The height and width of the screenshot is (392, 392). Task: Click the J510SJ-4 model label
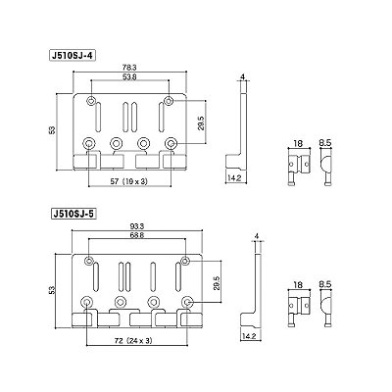72,56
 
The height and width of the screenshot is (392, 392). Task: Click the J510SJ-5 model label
73,214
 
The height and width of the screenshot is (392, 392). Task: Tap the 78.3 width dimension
129,68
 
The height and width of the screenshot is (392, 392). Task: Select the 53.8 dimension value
130,77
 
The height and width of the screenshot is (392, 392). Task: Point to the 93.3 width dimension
137,226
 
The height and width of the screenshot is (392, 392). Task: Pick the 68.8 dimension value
137,235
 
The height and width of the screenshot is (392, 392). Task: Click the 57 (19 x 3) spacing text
128,182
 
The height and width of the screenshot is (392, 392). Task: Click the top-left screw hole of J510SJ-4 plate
91,101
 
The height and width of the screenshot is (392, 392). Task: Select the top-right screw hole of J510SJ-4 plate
169,101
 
